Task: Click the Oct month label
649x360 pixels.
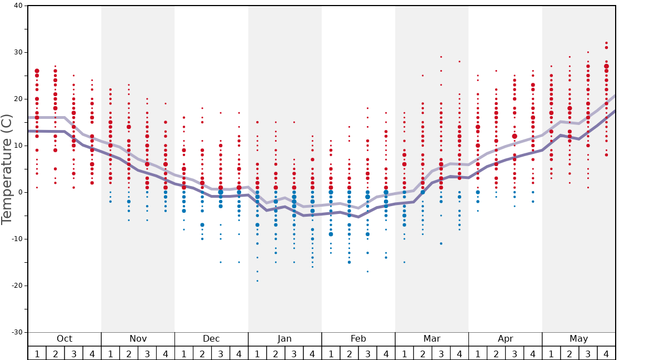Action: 64,339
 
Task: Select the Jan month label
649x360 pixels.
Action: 284,339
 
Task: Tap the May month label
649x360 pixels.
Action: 578,339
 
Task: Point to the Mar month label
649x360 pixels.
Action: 432,339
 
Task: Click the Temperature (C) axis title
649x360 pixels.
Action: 7,169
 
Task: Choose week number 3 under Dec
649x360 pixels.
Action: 221,353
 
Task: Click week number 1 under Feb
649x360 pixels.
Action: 331,353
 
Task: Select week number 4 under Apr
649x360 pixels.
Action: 533,353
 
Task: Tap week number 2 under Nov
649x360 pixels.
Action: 129,353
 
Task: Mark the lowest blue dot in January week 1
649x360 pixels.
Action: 257,281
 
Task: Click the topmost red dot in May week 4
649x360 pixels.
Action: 606,43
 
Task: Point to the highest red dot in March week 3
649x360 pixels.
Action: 441,57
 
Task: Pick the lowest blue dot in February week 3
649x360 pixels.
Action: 367,271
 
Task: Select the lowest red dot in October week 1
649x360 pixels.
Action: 37,187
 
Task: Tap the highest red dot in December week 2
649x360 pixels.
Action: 202,108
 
